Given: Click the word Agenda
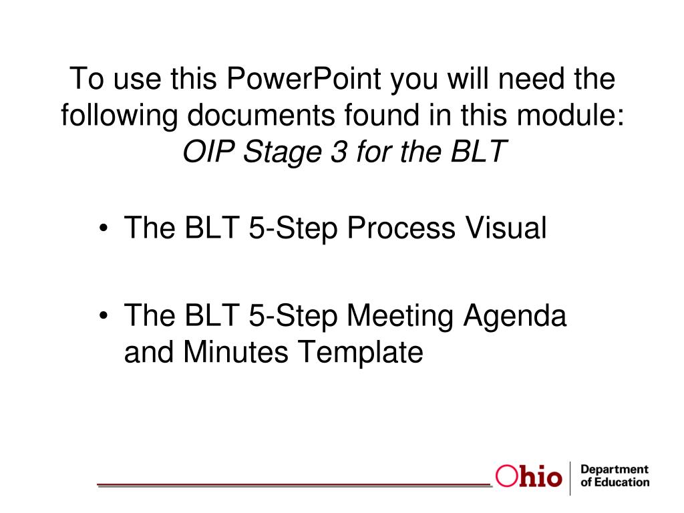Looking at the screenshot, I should point(522,315).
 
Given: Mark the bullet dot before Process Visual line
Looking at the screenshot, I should point(105,230).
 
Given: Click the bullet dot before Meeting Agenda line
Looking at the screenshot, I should point(105,316).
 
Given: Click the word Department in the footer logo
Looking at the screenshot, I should point(615,470).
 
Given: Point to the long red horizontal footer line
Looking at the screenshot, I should point(294,483).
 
